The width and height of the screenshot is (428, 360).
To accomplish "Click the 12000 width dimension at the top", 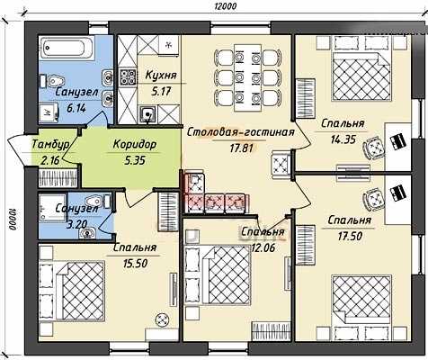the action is tap(225, 6).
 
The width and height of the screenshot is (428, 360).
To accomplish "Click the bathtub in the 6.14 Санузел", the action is tap(65, 49).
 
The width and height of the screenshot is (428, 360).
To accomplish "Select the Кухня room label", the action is tap(161, 76).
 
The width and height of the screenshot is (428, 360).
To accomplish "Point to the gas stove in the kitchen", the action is tap(127, 77).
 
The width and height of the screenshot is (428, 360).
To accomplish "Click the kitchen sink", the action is tap(147, 114).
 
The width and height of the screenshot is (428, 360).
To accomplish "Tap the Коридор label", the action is tap(135, 145).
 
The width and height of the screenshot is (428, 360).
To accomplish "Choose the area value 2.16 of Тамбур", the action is tap(50, 161).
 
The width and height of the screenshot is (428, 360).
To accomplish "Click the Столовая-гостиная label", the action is tap(241, 132).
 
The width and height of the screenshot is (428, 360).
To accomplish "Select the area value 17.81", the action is tap(242, 148).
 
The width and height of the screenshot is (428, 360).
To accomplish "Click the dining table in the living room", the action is tap(248, 77).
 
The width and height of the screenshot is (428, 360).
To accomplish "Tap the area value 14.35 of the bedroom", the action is tap(343, 139).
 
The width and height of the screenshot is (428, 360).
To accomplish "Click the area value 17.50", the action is tap(350, 236).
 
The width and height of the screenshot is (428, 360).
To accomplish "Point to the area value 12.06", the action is tap(263, 247).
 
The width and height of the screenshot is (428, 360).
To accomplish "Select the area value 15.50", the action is tap(135, 264).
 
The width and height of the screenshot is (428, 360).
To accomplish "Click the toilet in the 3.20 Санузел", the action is tap(98, 201).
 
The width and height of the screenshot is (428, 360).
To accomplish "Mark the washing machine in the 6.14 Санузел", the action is tap(49, 112).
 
